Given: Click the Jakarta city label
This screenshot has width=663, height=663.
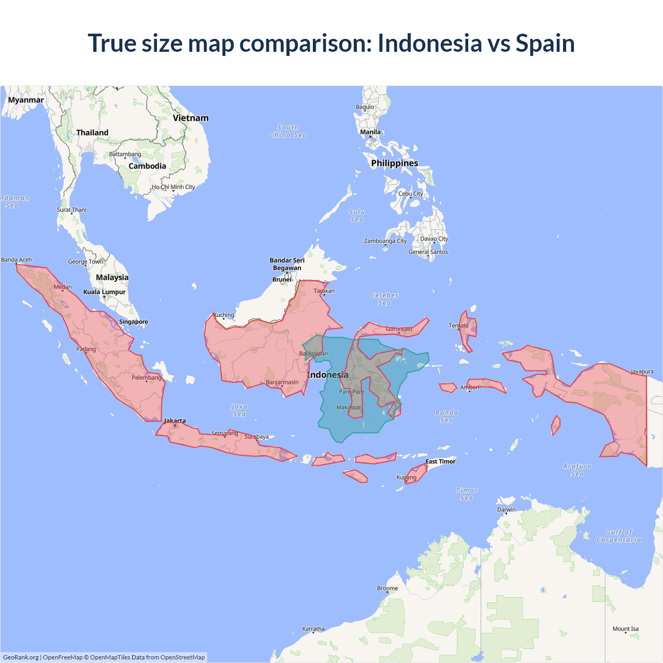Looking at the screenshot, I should point(175,421).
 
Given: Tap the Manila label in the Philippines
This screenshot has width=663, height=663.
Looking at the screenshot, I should point(370,132).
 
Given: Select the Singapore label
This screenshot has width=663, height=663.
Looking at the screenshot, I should point(134,322).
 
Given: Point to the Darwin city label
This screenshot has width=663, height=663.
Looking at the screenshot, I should point(506,510).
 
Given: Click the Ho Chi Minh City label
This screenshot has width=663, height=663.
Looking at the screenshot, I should point(174,187).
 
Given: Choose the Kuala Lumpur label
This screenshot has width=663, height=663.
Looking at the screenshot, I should point(105,292).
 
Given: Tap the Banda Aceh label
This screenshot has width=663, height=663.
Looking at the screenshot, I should point(17,260).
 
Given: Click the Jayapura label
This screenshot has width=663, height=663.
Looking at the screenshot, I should point(642,371).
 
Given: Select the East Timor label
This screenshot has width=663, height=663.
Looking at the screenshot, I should point(440,462).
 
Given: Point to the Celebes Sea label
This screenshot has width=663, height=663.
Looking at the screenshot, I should point(385,299).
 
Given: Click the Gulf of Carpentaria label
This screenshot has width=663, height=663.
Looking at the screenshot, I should point(618,536).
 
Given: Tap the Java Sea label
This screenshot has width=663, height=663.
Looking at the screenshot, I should point(239,410).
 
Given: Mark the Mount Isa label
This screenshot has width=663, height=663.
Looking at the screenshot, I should point(626,629).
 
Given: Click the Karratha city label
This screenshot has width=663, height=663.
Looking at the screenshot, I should point(313,629).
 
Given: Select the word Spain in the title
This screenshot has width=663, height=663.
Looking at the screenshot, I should point(545,43).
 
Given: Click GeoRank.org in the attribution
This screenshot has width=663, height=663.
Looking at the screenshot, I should point(21,657).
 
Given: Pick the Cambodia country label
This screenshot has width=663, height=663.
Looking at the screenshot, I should point(147,166).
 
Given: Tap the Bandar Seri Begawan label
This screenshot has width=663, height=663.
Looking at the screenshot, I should point(287,264).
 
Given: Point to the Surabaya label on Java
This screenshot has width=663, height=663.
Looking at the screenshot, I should point(256,437).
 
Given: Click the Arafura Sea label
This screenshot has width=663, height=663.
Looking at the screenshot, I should point(577,470).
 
